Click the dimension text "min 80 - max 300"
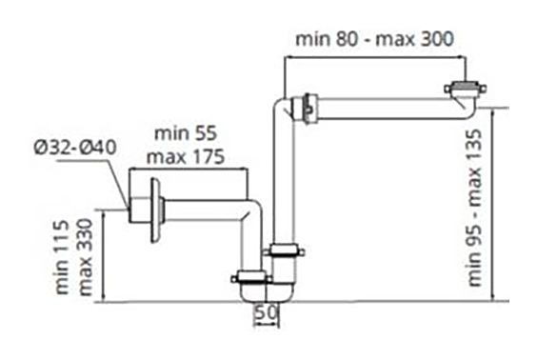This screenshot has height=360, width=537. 375,39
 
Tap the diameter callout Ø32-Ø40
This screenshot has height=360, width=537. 75,148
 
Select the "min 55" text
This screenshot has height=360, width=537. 186,133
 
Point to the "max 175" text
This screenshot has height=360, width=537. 186,156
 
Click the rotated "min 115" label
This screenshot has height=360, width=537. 62,257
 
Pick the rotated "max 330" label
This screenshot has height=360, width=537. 86,257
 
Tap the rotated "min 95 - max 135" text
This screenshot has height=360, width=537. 475,208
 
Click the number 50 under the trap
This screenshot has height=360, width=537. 266,312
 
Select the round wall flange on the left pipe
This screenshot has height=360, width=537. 156,210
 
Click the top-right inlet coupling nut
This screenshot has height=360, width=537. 466,89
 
